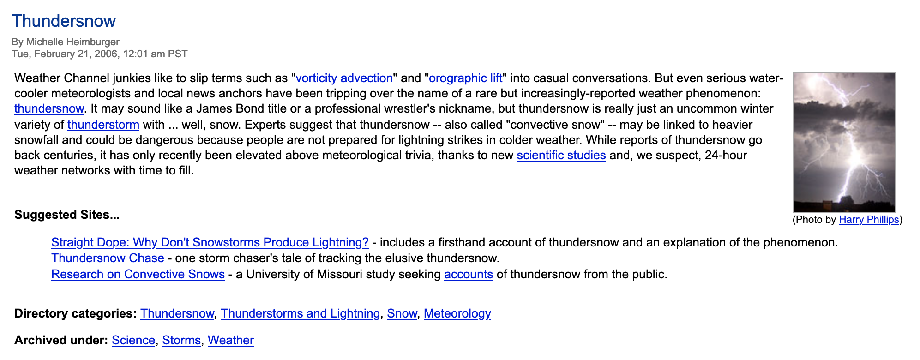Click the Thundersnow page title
[64, 21]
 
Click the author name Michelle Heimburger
[72, 42]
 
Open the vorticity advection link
[344, 78]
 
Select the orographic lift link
[465, 78]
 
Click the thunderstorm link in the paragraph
[103, 125]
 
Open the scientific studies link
[561, 155]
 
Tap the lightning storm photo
[844, 142]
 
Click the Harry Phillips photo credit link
[868, 219]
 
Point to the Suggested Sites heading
[67, 215]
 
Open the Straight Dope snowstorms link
[210, 242]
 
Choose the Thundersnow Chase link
[108, 258]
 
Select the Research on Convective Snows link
[138, 274]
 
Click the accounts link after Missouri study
[468, 274]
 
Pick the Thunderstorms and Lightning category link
[300, 313]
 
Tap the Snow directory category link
[402, 313]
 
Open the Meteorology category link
[457, 313]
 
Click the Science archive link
[133, 340]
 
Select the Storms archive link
[181, 340]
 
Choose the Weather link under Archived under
[230, 340]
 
